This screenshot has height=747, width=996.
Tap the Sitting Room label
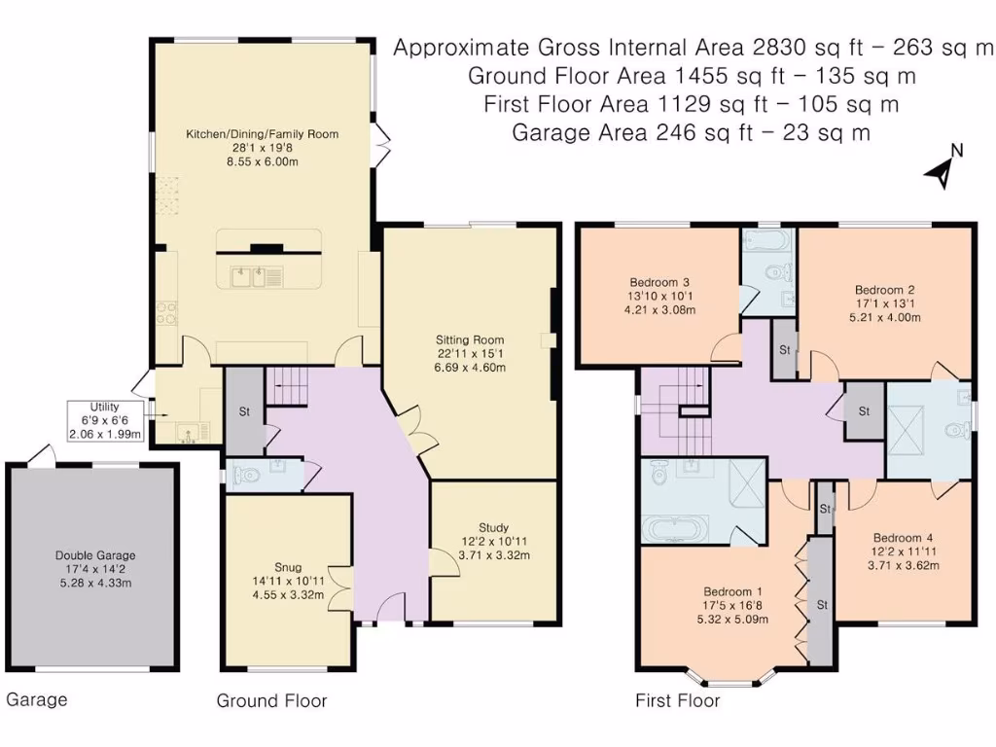[470, 339]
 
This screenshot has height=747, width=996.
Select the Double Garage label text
[95, 555]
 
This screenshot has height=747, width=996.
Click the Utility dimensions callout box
[105, 420]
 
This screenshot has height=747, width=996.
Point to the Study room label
[493, 528]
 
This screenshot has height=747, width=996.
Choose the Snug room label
[288, 568]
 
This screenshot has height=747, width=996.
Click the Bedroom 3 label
[659, 283]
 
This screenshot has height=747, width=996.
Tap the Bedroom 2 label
[885, 290]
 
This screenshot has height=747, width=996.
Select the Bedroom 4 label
[903, 538]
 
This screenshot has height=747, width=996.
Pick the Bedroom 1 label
[732, 591]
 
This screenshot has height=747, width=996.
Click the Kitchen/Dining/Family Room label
[262, 134]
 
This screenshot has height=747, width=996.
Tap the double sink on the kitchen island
[249, 277]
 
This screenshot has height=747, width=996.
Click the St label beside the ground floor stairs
[244, 411]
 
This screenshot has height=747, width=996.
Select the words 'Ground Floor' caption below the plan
[272, 700]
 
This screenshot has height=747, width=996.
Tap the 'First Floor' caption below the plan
[678, 700]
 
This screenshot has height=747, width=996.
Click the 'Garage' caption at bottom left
[37, 700]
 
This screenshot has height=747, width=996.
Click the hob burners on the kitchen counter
[166, 312]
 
